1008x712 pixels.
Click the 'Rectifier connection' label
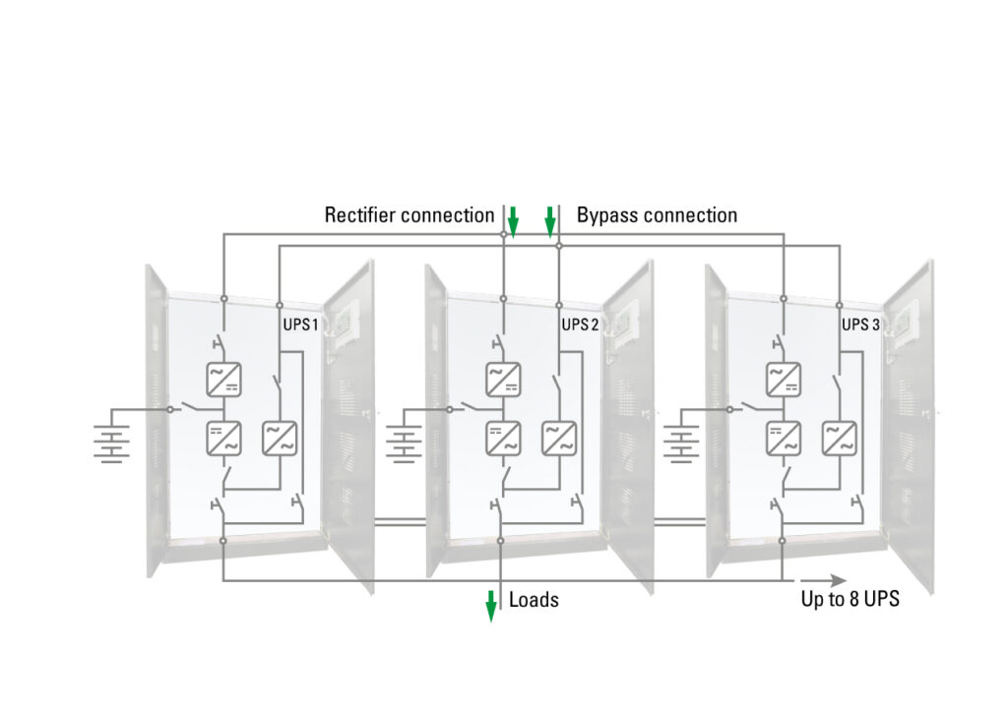[x=409, y=215]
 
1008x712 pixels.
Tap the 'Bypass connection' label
[x=657, y=215]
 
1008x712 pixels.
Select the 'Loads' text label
[x=534, y=600]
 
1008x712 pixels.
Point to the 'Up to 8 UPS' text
[x=850, y=600]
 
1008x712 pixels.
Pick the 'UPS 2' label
[x=580, y=325]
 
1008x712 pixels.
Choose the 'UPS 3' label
[x=860, y=325]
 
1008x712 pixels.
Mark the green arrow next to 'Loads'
[x=490, y=606]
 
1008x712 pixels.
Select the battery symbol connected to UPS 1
[x=113, y=441]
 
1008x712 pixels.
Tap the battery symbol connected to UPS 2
[x=403, y=441]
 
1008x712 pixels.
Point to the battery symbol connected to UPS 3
[x=681, y=441]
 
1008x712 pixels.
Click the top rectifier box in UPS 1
[x=222, y=379]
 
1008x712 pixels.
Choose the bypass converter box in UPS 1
[x=279, y=438]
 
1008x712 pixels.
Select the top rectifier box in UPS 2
[x=503, y=379]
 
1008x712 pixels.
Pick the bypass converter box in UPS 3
[x=839, y=438]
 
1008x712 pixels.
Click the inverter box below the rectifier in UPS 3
[x=783, y=438]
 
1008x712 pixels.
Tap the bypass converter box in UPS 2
[x=559, y=438]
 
